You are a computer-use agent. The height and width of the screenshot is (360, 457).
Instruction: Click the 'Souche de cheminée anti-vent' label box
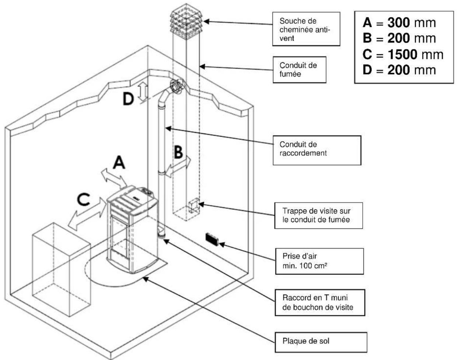pos(306,29)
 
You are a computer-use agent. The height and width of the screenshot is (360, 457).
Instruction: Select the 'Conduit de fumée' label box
pos(299,70)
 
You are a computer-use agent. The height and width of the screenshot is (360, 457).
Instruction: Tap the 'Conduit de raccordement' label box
pos(317,149)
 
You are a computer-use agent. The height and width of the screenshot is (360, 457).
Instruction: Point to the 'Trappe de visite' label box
pos(317,215)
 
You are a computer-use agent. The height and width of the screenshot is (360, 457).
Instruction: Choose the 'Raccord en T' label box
pos(319,302)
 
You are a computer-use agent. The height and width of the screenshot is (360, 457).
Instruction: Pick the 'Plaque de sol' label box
pos(321,342)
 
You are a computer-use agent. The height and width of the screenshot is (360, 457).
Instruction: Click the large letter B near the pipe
pos(178,152)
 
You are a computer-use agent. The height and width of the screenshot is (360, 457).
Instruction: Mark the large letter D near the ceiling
pos(128,98)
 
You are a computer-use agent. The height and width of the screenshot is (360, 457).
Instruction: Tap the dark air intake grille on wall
pos(212,239)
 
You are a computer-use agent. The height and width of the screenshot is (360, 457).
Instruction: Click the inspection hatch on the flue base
pos(193,206)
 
